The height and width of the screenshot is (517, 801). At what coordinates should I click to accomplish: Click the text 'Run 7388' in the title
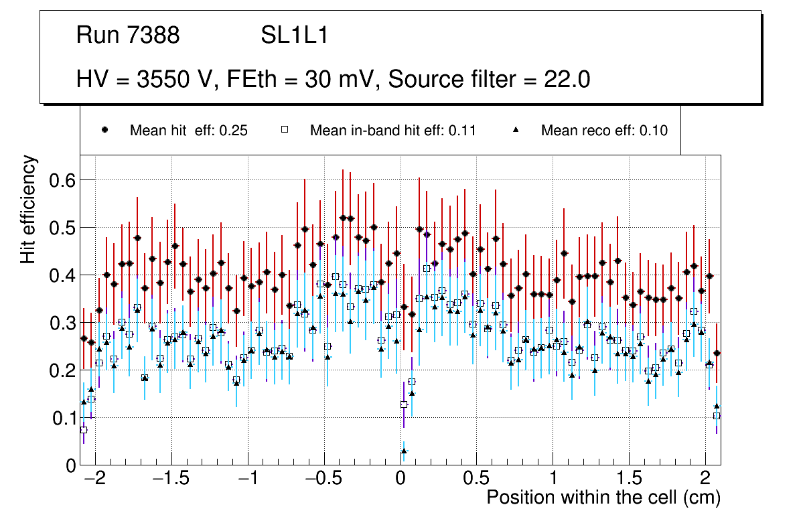pyautogui.click(x=128, y=35)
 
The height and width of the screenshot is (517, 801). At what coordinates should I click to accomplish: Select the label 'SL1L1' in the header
pyautogui.click(x=295, y=35)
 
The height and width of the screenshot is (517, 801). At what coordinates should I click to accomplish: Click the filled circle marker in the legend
pyautogui.click(x=105, y=130)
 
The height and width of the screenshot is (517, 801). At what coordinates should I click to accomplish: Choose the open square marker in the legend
pyautogui.click(x=285, y=130)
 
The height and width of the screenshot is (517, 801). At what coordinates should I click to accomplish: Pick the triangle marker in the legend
pyautogui.click(x=516, y=130)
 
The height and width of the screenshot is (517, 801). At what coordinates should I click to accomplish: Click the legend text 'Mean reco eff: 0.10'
pyautogui.click(x=604, y=131)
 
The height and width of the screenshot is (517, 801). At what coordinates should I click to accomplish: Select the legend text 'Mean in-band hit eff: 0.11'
pyautogui.click(x=392, y=131)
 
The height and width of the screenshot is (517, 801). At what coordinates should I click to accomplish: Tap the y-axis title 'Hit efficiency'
pyautogui.click(x=28, y=209)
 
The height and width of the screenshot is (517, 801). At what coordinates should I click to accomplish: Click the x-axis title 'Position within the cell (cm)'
pyautogui.click(x=603, y=498)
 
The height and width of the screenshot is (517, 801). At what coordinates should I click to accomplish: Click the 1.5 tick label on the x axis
pyautogui.click(x=629, y=479)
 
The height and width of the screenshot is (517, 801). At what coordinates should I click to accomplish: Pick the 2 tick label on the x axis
pyautogui.click(x=705, y=479)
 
